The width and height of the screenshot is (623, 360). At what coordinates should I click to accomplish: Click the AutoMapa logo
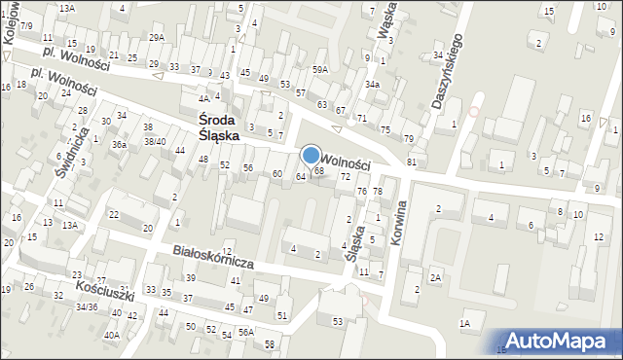[561, 340]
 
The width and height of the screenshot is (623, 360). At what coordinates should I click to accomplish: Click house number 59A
[320, 70]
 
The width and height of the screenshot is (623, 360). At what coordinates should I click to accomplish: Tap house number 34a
[372, 85]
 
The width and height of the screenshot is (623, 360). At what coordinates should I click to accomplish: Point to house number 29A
[157, 37]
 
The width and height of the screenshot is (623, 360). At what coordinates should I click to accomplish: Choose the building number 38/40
[155, 141]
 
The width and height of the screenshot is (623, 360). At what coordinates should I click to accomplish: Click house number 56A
[246, 332]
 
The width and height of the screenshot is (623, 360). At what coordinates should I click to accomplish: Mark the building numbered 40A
[112, 336]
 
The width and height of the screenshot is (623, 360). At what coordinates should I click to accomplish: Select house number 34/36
[88, 307]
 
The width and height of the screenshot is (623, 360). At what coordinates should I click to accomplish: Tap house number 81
[412, 161]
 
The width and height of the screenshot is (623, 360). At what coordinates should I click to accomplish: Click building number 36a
[119, 144]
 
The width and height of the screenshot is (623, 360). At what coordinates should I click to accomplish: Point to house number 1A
[465, 323]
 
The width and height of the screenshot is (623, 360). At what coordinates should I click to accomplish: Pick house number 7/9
[26, 24]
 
